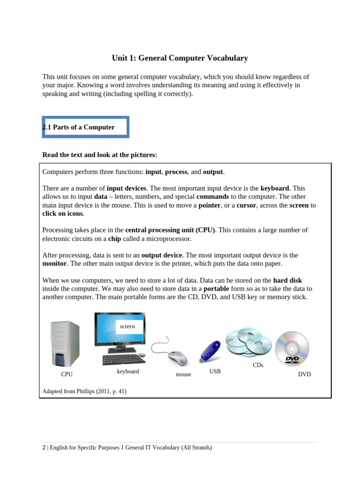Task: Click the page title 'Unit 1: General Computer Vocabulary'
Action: (x=180, y=59)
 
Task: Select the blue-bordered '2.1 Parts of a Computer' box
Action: (x=85, y=127)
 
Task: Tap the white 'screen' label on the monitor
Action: (x=127, y=327)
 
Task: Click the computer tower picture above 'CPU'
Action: (x=65, y=343)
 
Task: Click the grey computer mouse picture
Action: (x=177, y=358)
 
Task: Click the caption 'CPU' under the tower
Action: (x=67, y=375)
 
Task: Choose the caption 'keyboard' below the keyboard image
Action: (x=128, y=372)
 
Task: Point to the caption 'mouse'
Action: (x=183, y=375)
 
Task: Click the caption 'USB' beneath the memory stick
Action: (x=215, y=371)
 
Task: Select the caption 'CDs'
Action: (x=258, y=365)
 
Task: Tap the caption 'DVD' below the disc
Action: (x=304, y=375)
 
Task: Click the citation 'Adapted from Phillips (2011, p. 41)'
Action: (x=84, y=391)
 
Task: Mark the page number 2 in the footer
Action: (x=44, y=448)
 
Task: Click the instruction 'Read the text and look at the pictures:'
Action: (x=100, y=155)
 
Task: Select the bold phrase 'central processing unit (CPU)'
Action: (x=170, y=230)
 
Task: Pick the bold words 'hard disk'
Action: (x=287, y=280)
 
